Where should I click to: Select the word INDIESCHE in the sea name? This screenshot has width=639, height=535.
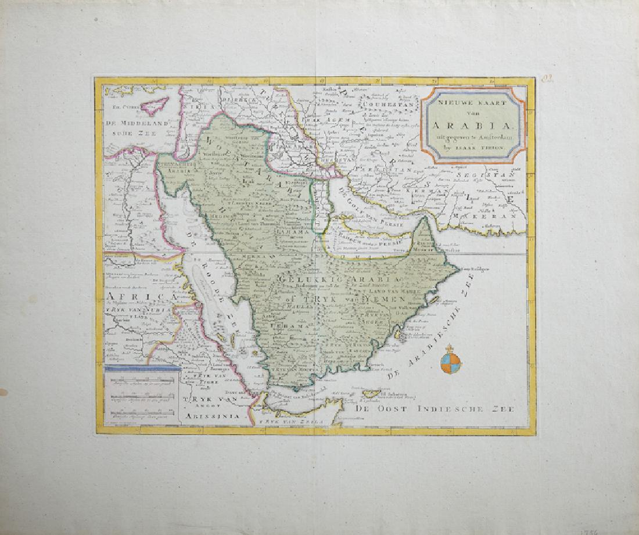tap(450, 408)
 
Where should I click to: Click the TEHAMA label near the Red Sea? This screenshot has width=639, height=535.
tap(285, 326)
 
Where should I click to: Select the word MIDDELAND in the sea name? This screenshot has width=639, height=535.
tap(136, 123)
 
